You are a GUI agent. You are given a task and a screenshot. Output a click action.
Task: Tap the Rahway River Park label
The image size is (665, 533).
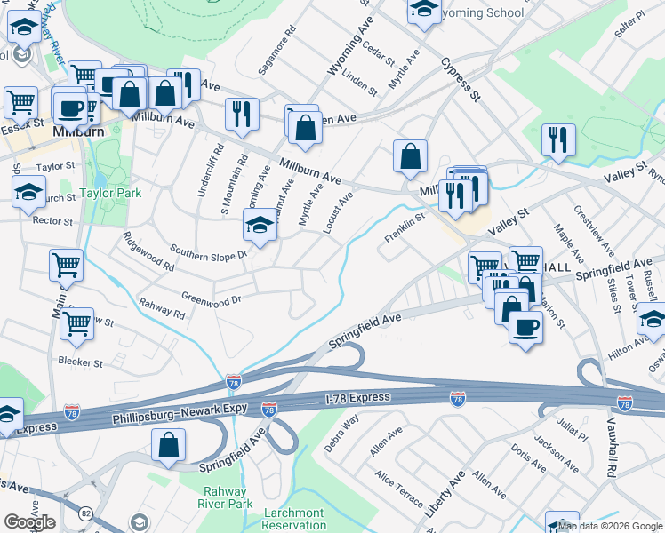click(228, 497)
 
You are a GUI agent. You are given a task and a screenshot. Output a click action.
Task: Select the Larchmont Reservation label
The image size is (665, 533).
click(294, 519)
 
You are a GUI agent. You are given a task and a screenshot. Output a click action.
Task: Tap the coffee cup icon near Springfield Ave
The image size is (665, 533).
click(525, 326)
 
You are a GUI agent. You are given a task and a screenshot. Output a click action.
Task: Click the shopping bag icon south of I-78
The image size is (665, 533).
click(168, 445)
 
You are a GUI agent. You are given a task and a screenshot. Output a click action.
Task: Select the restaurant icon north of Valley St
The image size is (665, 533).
click(558, 139)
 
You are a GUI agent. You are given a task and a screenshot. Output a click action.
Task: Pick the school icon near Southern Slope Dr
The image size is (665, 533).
click(260, 226)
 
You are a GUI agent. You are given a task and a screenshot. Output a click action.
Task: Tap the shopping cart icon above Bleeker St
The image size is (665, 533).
click(76, 323)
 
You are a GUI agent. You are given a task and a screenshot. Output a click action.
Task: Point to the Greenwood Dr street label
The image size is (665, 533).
click(211, 299)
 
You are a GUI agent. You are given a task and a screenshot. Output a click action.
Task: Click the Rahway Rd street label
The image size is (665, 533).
click(161, 307)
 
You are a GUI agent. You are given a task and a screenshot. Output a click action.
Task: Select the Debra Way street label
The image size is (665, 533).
click(341, 433)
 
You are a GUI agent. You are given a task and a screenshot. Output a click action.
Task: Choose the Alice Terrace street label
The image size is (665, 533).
click(399, 489)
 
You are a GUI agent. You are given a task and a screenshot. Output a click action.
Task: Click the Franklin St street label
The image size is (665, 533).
click(405, 229)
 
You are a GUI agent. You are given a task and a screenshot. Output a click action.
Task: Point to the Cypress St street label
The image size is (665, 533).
click(459, 79)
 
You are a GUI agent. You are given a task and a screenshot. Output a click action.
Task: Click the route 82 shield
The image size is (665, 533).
click(85, 513)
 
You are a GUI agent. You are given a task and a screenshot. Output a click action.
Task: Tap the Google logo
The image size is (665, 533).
click(29, 522)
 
